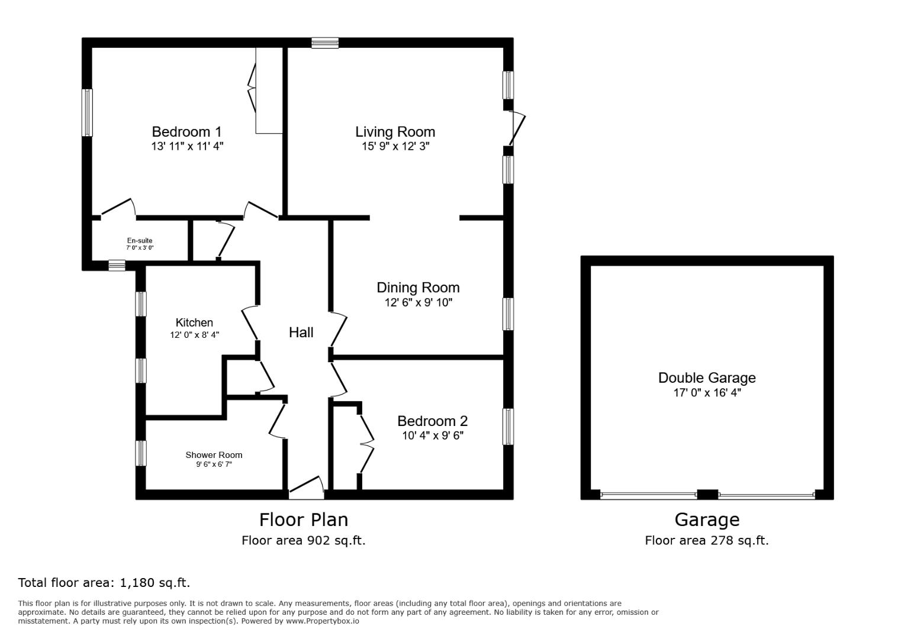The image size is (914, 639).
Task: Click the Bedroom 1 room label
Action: [x=186, y=131]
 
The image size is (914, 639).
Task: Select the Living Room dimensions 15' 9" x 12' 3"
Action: [x=395, y=146]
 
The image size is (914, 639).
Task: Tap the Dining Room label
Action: [x=418, y=288]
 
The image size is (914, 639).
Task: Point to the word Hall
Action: [x=301, y=333]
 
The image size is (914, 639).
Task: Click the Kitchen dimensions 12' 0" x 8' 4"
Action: [x=194, y=335]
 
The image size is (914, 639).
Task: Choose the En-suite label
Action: [x=140, y=240]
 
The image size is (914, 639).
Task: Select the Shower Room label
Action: [x=214, y=455]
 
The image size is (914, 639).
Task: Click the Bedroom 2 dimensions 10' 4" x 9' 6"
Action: [x=432, y=436]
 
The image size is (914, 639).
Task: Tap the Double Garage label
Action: [x=707, y=377]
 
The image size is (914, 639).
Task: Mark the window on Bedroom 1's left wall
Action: [x=87, y=112]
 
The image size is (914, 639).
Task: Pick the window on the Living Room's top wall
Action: [x=325, y=43]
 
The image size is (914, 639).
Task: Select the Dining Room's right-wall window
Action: [x=508, y=314]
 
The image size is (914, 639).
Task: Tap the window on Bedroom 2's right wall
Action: [x=508, y=427]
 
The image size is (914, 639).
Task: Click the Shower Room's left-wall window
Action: [x=141, y=453]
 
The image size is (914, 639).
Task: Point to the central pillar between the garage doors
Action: [x=707, y=495]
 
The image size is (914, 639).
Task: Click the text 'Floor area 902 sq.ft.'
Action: [x=303, y=540]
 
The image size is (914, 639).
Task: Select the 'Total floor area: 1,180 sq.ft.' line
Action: [x=104, y=583]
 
